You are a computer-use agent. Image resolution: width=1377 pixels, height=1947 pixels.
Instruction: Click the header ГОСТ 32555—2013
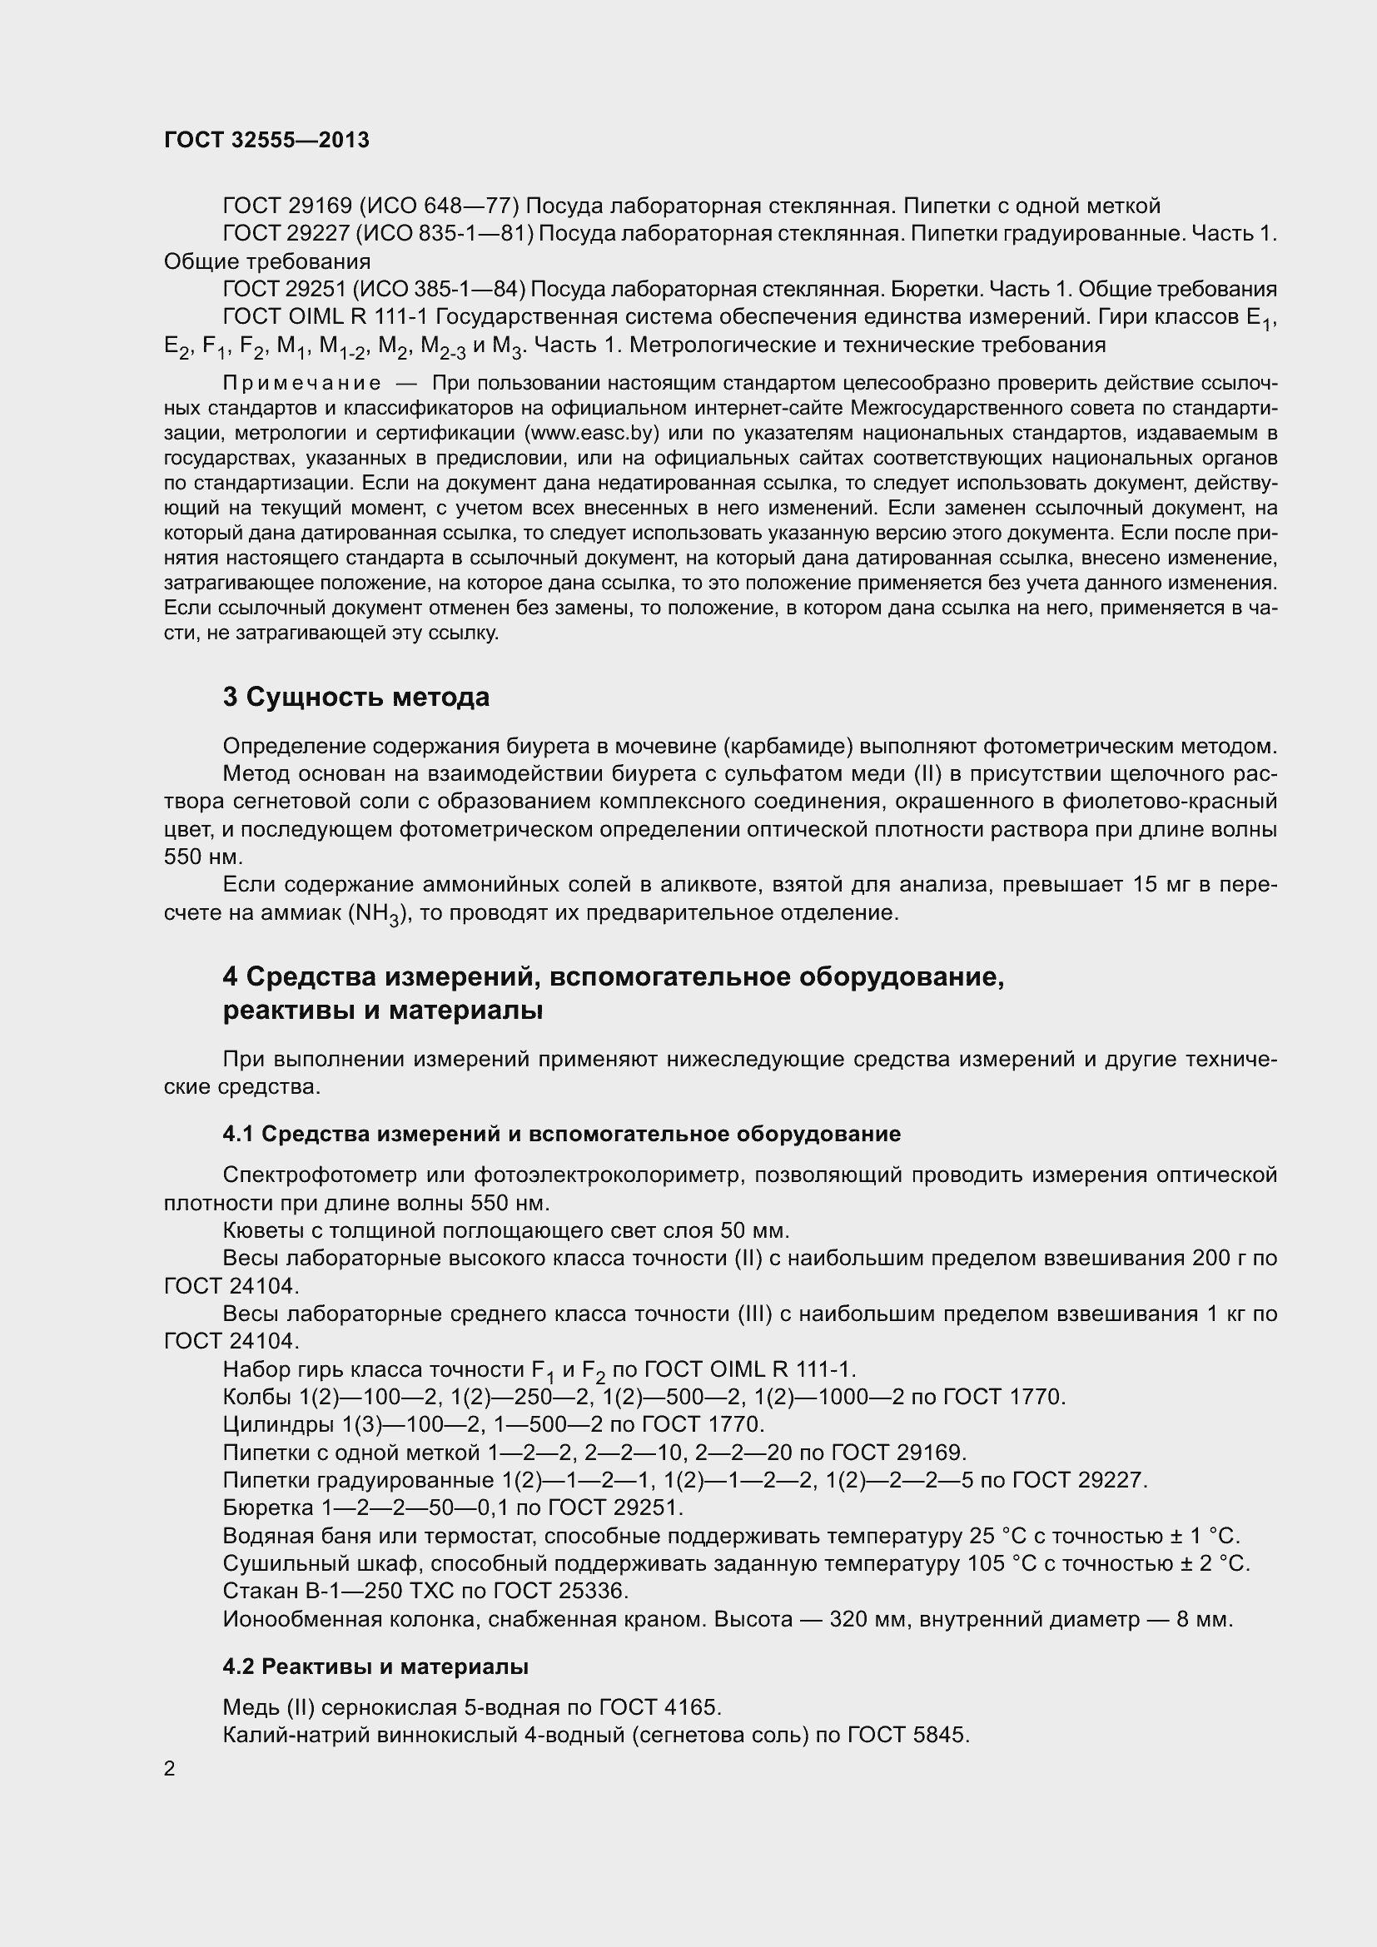click(267, 141)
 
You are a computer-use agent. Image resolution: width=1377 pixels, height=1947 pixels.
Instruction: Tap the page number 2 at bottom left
click(170, 1769)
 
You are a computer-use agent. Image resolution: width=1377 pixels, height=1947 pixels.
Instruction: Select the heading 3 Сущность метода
click(356, 697)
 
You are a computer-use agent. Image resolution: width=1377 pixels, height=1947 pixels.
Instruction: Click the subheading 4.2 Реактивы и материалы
click(375, 1666)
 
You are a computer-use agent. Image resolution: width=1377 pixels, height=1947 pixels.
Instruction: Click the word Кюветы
click(259, 1230)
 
